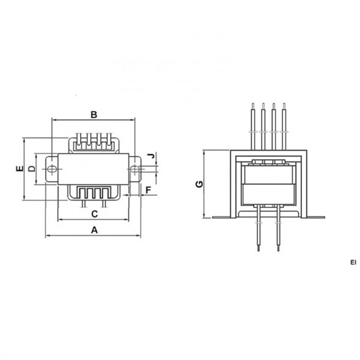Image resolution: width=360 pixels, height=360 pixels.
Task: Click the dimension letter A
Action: coord(94,230)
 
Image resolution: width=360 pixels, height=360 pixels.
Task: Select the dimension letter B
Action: coord(94,114)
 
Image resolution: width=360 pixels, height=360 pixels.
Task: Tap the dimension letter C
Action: coord(95,214)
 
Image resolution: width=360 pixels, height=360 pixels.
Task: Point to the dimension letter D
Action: coord(32,169)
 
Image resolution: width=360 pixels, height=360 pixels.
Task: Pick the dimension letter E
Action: coord(20,169)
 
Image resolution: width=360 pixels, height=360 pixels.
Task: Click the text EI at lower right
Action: coord(353,263)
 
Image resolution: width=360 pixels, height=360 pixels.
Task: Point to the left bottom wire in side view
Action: coord(259,229)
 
